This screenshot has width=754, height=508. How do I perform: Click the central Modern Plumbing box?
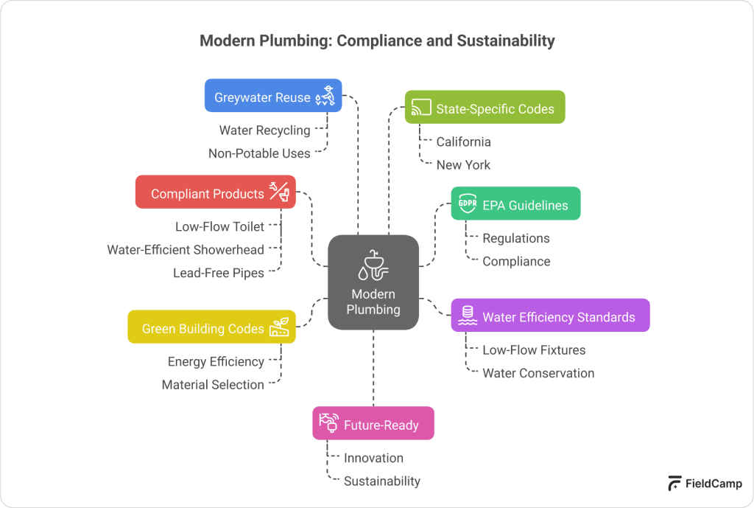(373, 282)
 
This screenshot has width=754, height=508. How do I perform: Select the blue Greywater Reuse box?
(273, 96)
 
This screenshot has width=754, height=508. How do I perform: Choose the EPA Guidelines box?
(515, 204)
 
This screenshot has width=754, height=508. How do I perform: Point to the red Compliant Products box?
(216, 192)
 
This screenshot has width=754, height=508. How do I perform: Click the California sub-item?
(463, 141)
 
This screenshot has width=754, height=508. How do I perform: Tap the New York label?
(462, 164)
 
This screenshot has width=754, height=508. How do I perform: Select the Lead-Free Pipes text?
(218, 272)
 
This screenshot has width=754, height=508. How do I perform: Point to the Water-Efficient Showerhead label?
(186, 249)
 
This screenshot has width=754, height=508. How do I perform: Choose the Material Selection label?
(213, 384)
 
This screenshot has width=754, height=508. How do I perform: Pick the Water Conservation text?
(538, 372)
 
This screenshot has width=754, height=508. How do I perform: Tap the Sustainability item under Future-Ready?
(382, 481)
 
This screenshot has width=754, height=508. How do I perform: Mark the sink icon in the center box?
(373, 265)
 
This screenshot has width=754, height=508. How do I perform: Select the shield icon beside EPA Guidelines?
(467, 204)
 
